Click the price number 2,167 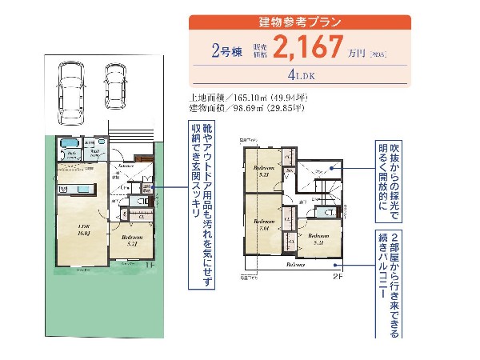pyautogui.click(x=307, y=48)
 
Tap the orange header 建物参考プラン pyautogui.click(x=300, y=22)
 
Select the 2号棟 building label pyautogui.click(x=226, y=51)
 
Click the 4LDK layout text pyautogui.click(x=300, y=78)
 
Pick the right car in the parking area pyautogui.click(x=117, y=83)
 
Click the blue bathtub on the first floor pyautogui.click(x=68, y=147)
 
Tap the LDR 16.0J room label pyautogui.click(x=83, y=230)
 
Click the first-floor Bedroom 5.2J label pyautogui.click(x=132, y=240)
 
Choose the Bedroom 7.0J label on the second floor pyautogui.click(x=264, y=224)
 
